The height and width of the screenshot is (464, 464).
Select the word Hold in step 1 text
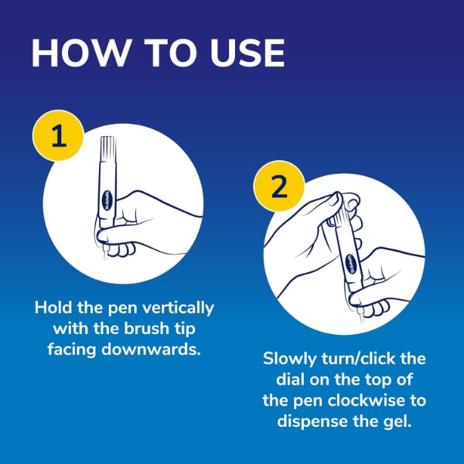(53, 308)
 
